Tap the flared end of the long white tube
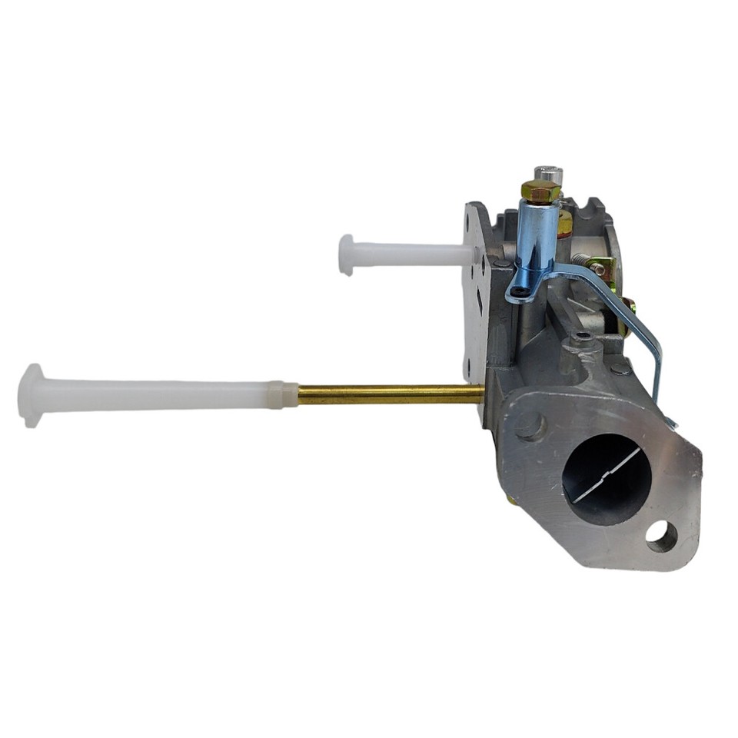tap(31, 395)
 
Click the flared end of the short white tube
tap(347, 254)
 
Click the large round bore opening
tap(607, 480)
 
